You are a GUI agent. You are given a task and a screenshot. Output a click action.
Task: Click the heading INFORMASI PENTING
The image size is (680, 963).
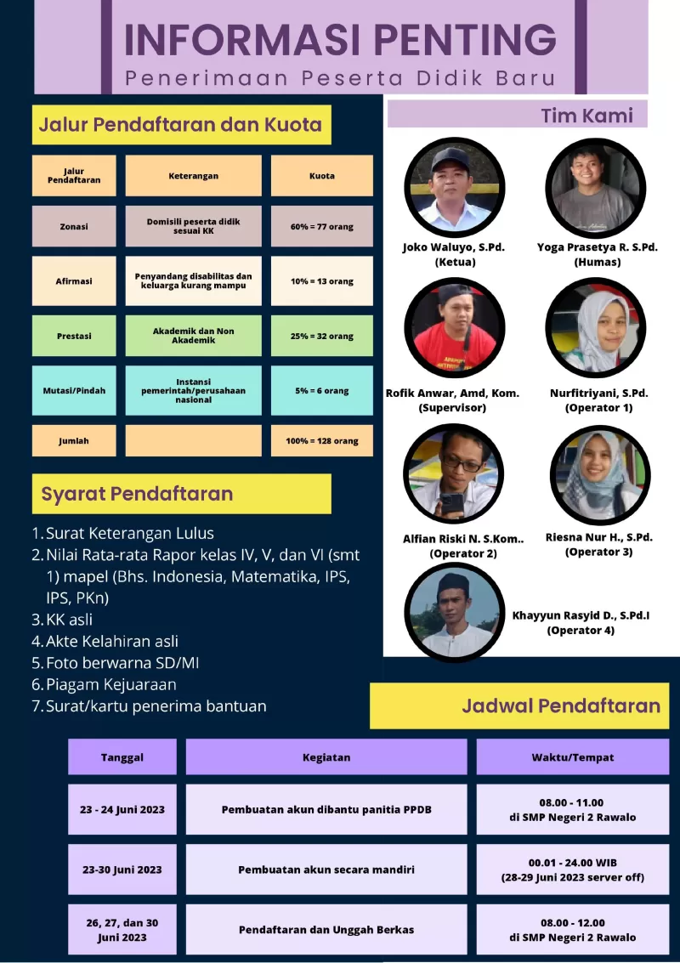340,40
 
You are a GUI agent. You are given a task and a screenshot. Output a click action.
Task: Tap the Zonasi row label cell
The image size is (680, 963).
74,227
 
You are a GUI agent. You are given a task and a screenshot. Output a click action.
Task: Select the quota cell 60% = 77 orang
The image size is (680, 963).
321,227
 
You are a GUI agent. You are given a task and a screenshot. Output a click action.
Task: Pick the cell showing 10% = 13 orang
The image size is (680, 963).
321,281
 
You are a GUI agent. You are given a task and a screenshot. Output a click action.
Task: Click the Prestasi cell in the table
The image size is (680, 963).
74,336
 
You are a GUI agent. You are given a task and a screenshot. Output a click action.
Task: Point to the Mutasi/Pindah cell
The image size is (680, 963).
74,391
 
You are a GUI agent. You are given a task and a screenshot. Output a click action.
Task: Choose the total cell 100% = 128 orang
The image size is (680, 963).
321,441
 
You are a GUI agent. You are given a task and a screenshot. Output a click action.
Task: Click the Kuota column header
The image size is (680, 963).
321,176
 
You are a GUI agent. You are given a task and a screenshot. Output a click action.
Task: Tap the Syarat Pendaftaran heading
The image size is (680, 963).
137,494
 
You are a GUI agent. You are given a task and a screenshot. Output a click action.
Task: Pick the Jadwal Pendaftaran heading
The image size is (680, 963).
561,705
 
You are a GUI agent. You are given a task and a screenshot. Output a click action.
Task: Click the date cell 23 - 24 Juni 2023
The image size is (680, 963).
122,810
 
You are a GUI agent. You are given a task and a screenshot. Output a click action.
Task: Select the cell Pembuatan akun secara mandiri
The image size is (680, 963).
326,870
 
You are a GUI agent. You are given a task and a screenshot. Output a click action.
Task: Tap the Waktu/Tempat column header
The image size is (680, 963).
561,757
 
